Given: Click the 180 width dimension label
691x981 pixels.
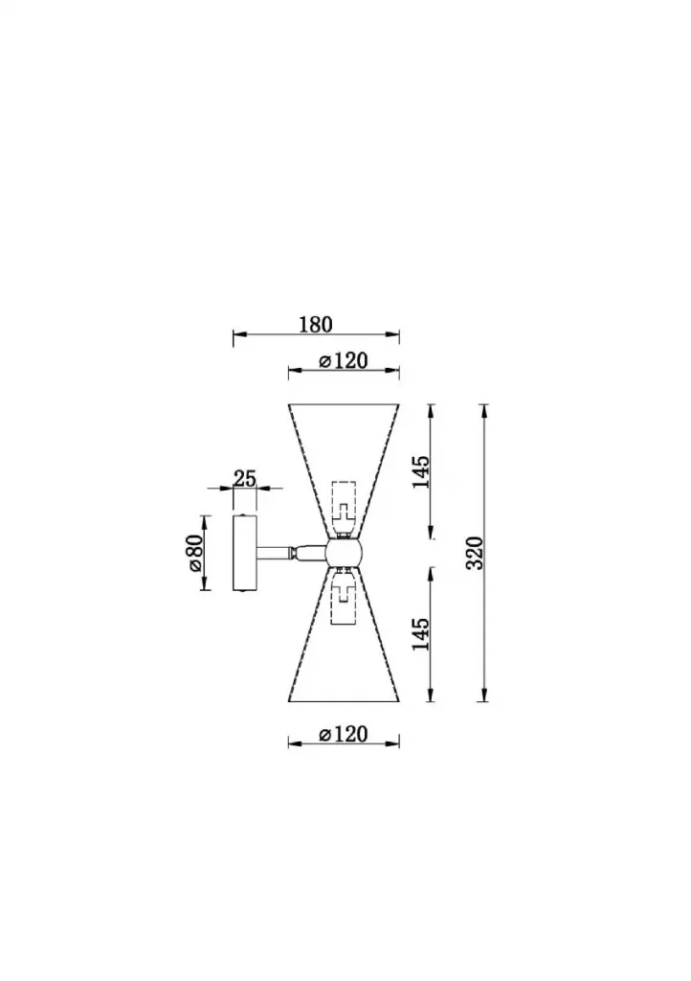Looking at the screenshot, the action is [x=316, y=325].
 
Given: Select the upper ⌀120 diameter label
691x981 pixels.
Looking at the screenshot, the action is [x=343, y=361].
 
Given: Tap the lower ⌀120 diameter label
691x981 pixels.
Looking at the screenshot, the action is [x=343, y=733].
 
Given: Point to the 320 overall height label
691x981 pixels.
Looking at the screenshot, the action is [x=476, y=553].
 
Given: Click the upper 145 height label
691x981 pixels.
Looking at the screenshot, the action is [x=421, y=471].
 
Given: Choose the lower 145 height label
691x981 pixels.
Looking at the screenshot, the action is [x=421, y=634].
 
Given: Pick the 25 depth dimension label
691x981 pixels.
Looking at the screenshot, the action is [x=244, y=479].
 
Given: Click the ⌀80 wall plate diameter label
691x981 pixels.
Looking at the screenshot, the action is [x=192, y=553].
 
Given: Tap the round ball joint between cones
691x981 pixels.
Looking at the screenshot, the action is [x=343, y=553].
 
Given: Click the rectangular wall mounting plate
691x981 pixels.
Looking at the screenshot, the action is [x=244, y=553].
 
